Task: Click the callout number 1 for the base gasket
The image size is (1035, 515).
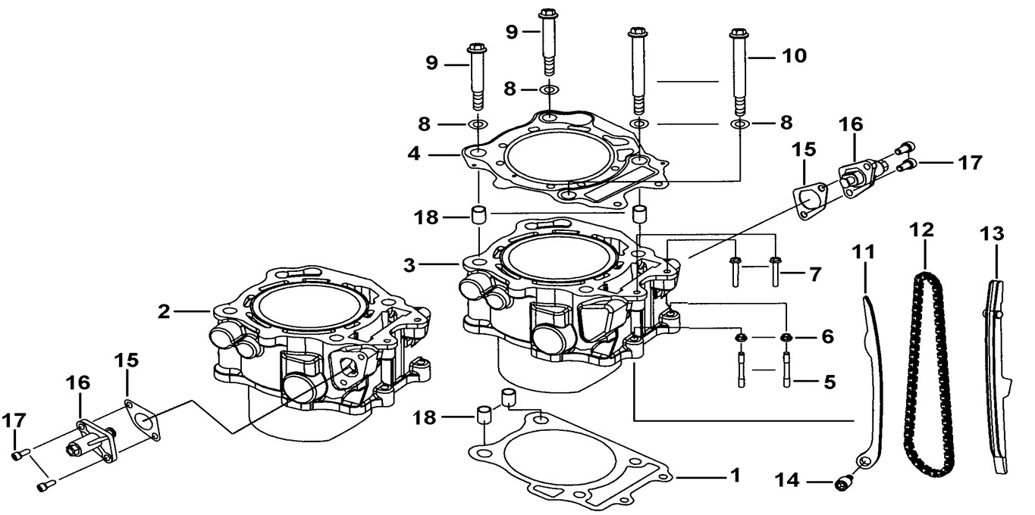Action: click(x=735, y=476)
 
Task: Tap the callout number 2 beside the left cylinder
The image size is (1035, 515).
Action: click(x=164, y=312)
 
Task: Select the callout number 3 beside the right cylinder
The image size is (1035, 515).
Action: click(x=409, y=265)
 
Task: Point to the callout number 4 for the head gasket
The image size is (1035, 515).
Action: click(x=414, y=154)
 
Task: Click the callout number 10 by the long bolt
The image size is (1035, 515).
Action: click(x=795, y=55)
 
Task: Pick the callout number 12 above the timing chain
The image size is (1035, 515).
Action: click(x=922, y=229)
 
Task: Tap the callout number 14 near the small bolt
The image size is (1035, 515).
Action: click(x=787, y=480)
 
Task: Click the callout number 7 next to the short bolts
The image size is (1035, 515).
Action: click(x=815, y=274)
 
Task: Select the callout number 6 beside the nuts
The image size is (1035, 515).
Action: click(x=827, y=336)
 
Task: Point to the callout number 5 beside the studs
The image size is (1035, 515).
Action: click(x=830, y=382)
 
